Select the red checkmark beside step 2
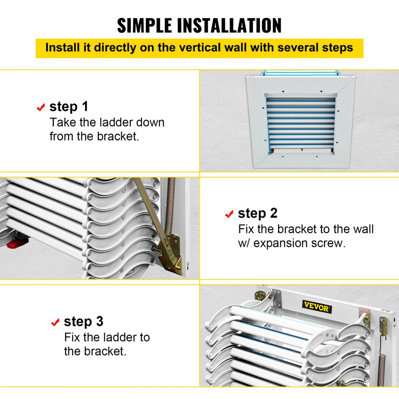tap(229, 214)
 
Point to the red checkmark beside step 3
tap(55, 322)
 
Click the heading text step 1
tap(69, 107)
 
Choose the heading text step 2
tap(257, 213)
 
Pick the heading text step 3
tap(83, 321)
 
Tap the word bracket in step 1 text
tap(118, 136)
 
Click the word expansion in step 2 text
tap(286, 243)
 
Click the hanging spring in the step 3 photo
tap(382, 361)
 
